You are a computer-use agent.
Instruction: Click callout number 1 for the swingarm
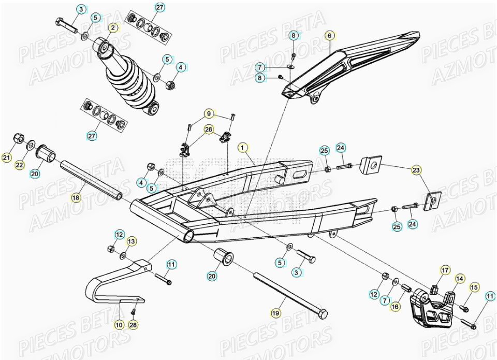(x=242, y=147)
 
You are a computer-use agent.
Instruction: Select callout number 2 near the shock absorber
(x=113, y=27)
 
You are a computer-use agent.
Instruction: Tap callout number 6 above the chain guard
(x=328, y=36)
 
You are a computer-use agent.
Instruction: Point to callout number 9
(x=209, y=113)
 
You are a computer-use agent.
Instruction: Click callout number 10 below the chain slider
(x=119, y=325)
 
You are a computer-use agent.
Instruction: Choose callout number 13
(x=131, y=241)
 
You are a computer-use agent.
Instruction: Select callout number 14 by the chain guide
(x=459, y=279)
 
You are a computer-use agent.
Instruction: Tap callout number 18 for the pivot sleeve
(x=76, y=197)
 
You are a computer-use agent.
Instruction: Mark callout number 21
(x=7, y=157)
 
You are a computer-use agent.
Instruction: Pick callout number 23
(x=416, y=169)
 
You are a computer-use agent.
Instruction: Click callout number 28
(x=133, y=325)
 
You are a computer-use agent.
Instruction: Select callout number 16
(x=396, y=307)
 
